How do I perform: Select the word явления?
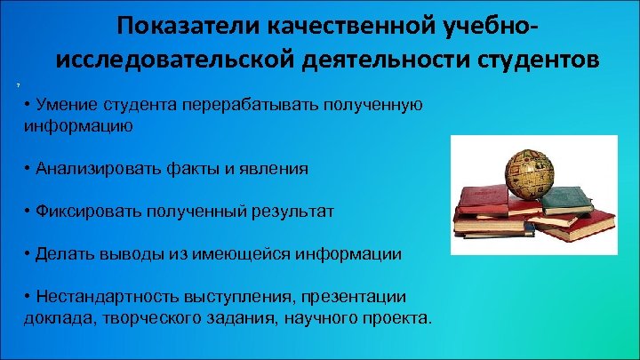[276, 169]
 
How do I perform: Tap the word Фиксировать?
[90, 212]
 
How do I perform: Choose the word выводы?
[130, 254]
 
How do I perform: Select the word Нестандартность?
[108, 296]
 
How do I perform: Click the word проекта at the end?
[396, 316]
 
